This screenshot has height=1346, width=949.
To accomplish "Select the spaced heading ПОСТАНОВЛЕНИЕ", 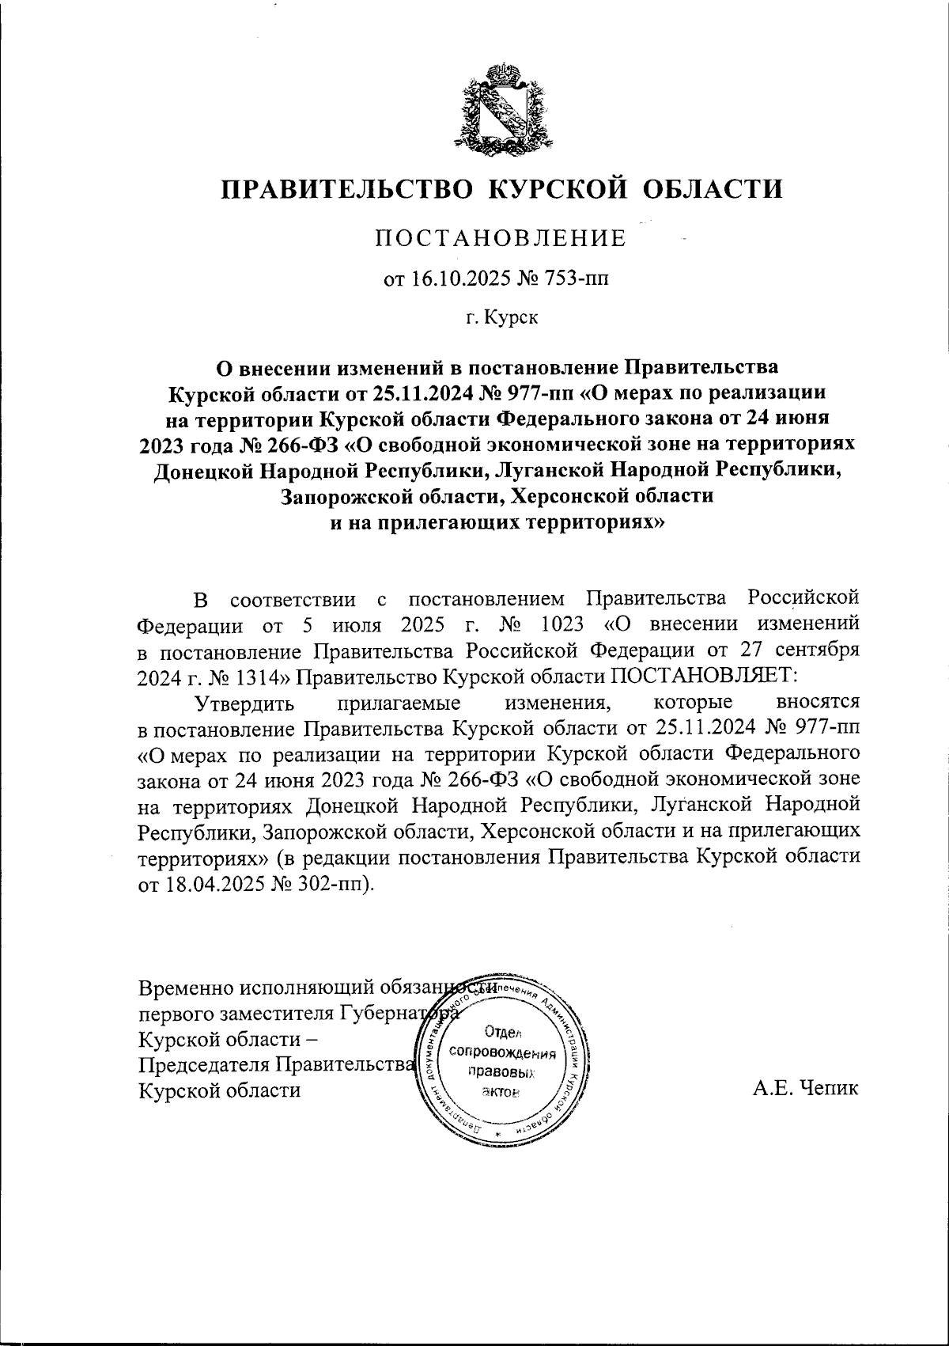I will [501, 238].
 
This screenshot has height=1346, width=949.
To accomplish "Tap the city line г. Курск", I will [501, 318].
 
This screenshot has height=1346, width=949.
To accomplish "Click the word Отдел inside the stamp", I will [500, 1032].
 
